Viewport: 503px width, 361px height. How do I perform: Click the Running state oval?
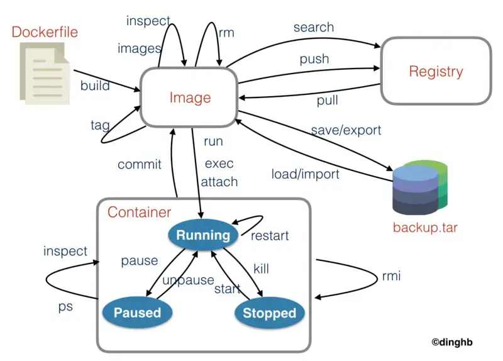click(202, 235)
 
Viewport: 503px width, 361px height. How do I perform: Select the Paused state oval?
click(137, 312)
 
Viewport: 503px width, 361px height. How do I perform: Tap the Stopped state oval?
click(269, 313)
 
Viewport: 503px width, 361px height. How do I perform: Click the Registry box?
click(436, 71)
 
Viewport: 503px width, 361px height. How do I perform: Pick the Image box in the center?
click(190, 97)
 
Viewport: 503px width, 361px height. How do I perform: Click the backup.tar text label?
click(425, 227)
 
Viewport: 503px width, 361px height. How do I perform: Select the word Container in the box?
click(139, 212)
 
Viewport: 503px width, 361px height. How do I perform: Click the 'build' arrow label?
click(95, 86)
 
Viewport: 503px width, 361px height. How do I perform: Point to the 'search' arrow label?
click(313, 28)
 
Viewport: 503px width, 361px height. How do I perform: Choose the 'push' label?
click(314, 59)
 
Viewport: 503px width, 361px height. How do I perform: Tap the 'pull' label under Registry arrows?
click(327, 100)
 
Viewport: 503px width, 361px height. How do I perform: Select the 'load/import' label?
click(305, 174)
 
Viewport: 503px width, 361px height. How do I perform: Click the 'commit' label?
click(140, 165)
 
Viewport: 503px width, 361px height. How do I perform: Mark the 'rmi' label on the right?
click(391, 276)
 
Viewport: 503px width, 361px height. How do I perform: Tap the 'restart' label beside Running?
click(270, 236)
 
